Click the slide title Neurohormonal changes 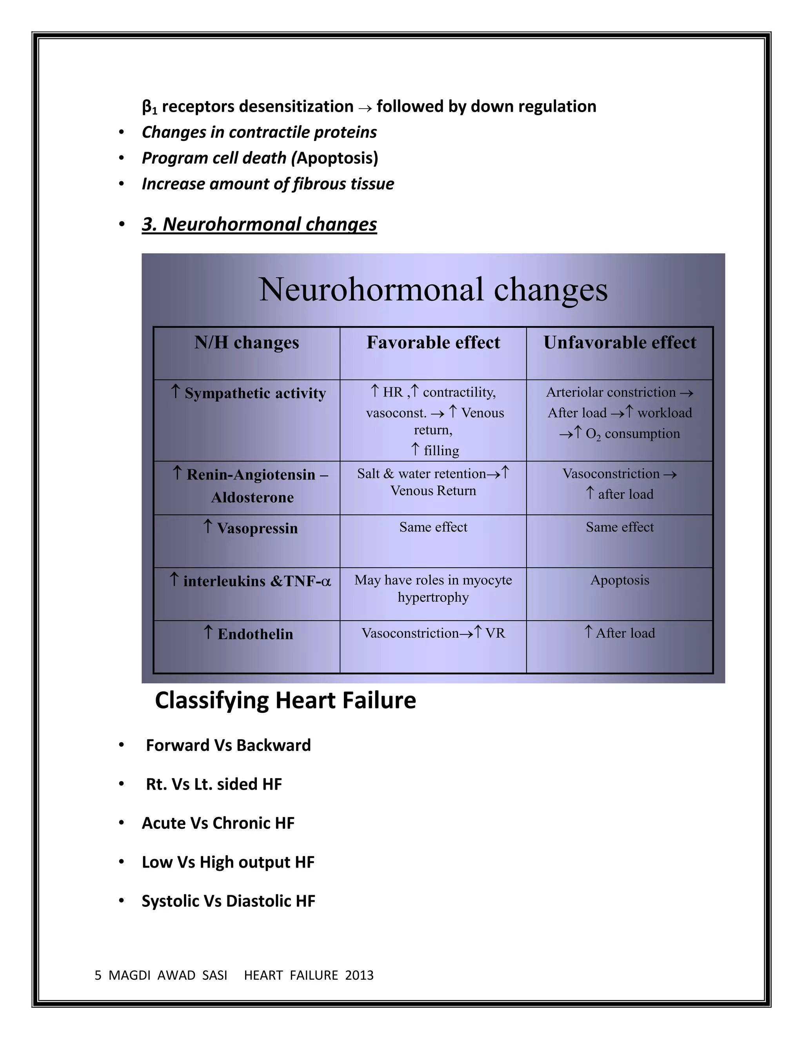click(x=433, y=289)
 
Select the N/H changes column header click(x=246, y=343)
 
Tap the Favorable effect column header click(x=433, y=343)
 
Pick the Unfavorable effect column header click(x=620, y=343)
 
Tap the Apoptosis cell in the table click(x=620, y=580)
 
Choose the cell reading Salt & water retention click(x=433, y=481)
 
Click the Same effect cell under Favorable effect click(x=433, y=527)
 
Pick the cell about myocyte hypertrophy click(x=433, y=589)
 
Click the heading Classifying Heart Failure click(x=285, y=701)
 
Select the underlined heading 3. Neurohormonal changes click(x=259, y=224)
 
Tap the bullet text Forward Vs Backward click(x=228, y=745)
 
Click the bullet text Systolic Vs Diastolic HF click(x=228, y=901)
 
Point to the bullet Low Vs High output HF click(x=228, y=862)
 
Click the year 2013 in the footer click(x=359, y=975)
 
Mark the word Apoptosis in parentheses click(x=336, y=158)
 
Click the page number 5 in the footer click(x=98, y=975)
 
